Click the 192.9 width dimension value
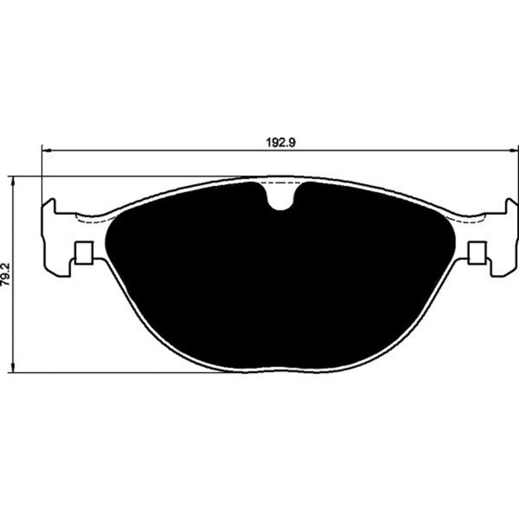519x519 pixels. pyautogui.click(x=281, y=143)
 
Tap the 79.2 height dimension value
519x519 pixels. pyautogui.click(x=6, y=274)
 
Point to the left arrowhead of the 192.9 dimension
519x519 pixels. pyautogui.click(x=47, y=151)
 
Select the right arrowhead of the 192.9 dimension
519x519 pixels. pyautogui.click(x=514, y=151)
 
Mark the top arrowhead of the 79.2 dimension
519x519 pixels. pyautogui.click(x=13, y=181)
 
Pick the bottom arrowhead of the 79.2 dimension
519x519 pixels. pyautogui.click(x=13, y=368)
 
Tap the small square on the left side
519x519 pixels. pyautogui.click(x=84, y=253)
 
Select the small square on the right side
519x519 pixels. pyautogui.click(x=477, y=253)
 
